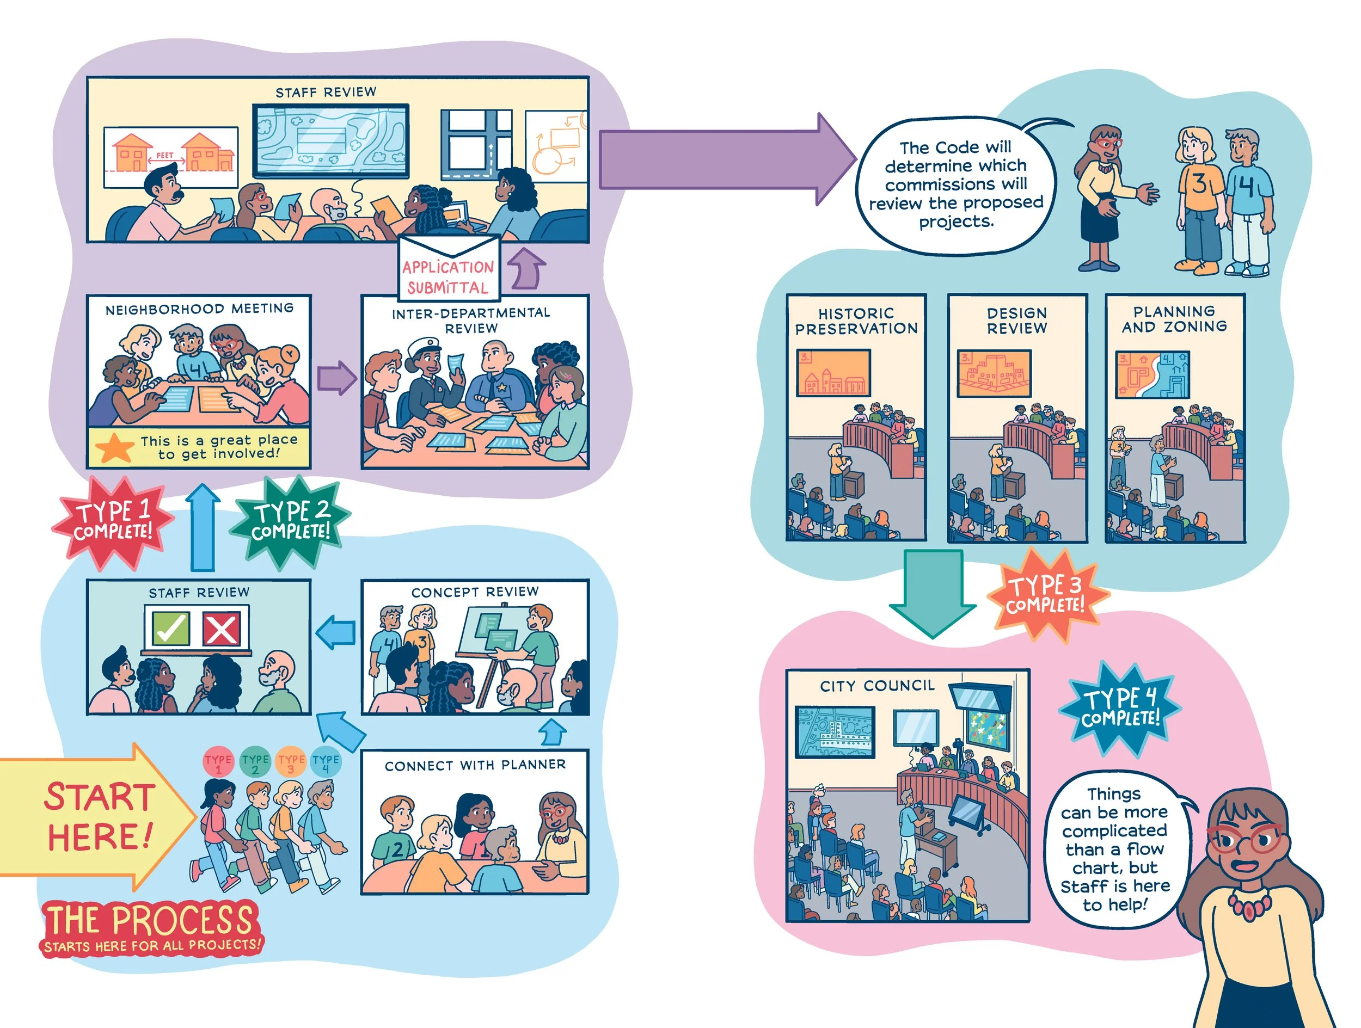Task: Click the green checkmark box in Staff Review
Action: pyautogui.click(x=170, y=628)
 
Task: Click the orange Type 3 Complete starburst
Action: pyautogui.click(x=1046, y=594)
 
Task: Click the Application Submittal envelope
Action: pyautogui.click(x=449, y=268)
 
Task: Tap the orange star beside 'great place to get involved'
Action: pyautogui.click(x=115, y=447)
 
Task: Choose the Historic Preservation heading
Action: pyautogui.click(x=856, y=321)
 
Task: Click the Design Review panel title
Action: pyautogui.click(x=1017, y=321)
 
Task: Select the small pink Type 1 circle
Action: pyautogui.click(x=218, y=762)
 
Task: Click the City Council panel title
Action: pyautogui.click(x=877, y=685)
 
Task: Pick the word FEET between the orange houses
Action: pyautogui.click(x=165, y=156)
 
